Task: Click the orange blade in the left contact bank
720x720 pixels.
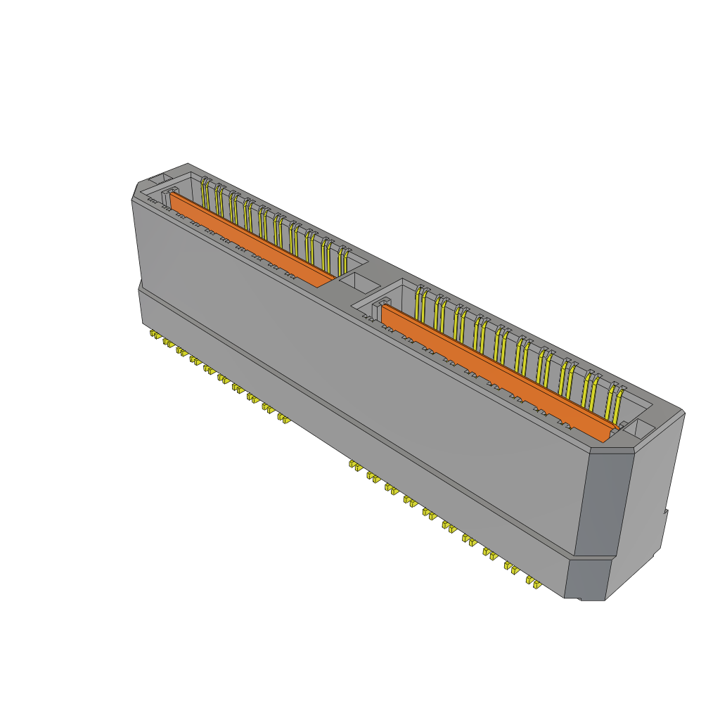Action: (x=246, y=239)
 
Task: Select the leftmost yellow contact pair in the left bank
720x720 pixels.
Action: (x=205, y=193)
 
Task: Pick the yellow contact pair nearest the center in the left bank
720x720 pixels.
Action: (x=343, y=261)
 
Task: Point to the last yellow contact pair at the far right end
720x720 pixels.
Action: (x=616, y=401)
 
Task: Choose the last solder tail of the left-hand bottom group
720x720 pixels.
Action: (x=283, y=419)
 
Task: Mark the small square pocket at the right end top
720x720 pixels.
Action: (x=643, y=428)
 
